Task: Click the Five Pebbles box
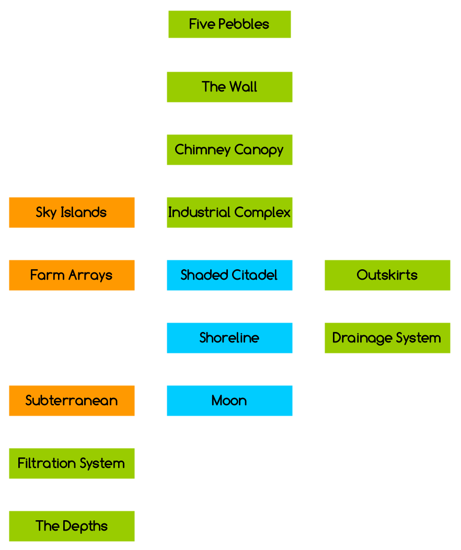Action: coord(229,25)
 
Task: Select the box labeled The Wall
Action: coord(229,87)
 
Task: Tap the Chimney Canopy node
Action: coord(229,150)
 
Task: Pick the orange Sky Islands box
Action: coord(72,212)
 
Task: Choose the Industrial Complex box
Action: coord(229,212)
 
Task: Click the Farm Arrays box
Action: coord(72,275)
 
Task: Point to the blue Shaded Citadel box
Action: coord(229,275)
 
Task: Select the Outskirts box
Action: coord(387,275)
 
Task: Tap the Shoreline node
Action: coord(229,338)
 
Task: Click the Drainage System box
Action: coord(387,338)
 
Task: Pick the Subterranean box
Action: coord(72,400)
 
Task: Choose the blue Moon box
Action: coord(229,400)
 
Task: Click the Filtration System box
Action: coord(72,463)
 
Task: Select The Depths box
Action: coord(72,526)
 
